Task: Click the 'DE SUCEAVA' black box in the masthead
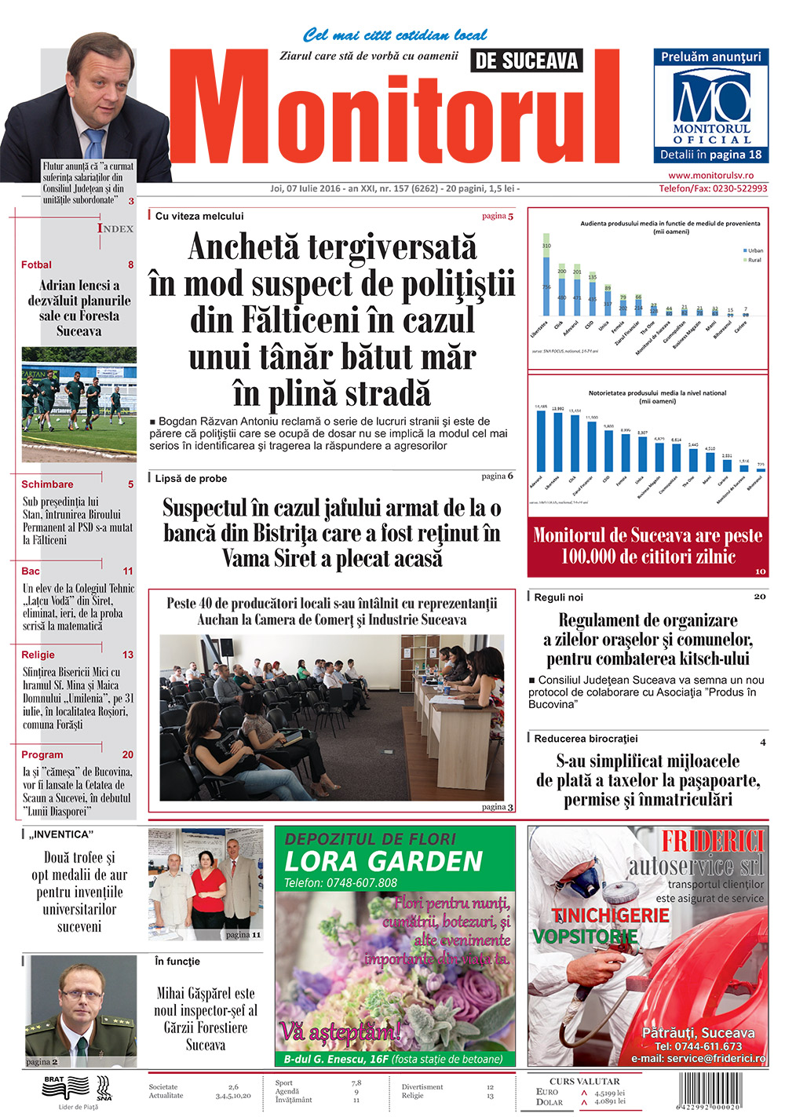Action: click(x=527, y=61)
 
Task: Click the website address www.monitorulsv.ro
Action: click(x=710, y=176)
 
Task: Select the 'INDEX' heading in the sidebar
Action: click(x=115, y=228)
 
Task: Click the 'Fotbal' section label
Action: click(x=36, y=265)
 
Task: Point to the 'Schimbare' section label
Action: click(x=47, y=484)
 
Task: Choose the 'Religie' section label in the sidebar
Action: click(x=38, y=655)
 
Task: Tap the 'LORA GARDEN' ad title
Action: click(x=383, y=862)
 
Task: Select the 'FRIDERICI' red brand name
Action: click(x=712, y=841)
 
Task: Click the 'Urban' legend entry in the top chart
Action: click(x=754, y=250)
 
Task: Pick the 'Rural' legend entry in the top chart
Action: click(x=754, y=260)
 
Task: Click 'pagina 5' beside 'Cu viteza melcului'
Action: click(x=498, y=216)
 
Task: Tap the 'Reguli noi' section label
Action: click(x=558, y=597)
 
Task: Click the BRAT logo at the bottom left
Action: click(x=66, y=1088)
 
